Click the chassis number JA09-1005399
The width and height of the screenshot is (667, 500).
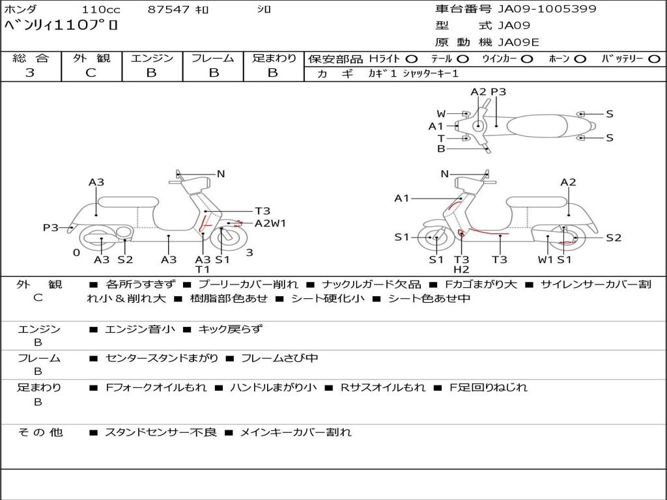coord(547,9)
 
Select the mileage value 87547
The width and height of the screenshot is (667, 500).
coord(168,10)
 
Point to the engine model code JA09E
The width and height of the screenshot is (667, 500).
coord(518,43)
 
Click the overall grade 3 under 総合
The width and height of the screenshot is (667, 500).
coord(30,73)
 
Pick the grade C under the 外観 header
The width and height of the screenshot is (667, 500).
coord(91,73)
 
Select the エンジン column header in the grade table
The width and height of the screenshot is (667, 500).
coord(152,59)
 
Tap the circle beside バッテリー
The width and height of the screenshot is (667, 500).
coord(654,59)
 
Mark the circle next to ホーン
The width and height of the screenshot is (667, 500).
coord(580,59)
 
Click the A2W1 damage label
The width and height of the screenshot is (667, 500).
coord(270,223)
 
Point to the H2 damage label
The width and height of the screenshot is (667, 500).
coord(461,270)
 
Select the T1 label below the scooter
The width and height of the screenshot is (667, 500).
coord(203,270)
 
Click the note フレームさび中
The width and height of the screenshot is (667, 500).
coord(279,358)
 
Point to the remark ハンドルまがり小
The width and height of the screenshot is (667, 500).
coord(274,387)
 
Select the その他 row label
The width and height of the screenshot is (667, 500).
coord(40,432)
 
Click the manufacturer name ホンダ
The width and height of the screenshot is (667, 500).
coord(21,10)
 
